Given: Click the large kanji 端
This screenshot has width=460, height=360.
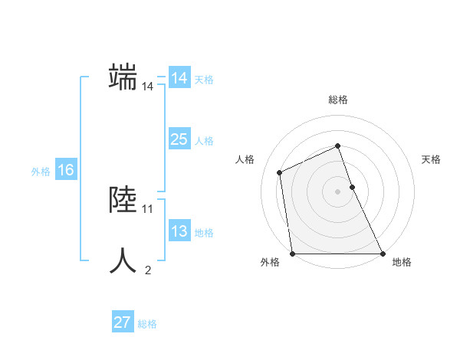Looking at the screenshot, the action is click(x=123, y=78).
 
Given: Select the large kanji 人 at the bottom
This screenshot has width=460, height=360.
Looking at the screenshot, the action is click(x=123, y=260).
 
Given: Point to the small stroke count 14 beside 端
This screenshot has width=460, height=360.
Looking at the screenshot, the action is click(x=147, y=87).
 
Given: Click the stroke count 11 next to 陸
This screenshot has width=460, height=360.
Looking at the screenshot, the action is click(x=148, y=208).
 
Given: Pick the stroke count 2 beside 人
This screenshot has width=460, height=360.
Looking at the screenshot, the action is click(x=148, y=270).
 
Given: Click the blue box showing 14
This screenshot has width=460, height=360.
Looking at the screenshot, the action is click(x=179, y=78).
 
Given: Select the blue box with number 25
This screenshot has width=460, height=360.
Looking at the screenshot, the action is click(x=179, y=139).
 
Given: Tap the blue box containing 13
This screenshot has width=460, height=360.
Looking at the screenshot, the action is click(x=179, y=231).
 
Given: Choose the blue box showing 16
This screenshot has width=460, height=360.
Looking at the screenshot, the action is click(x=66, y=170).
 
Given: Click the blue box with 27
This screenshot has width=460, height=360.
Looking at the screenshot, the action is click(x=123, y=322).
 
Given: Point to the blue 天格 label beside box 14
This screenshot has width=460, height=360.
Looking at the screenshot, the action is click(x=204, y=80).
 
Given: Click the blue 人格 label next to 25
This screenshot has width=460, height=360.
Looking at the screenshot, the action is click(x=204, y=141).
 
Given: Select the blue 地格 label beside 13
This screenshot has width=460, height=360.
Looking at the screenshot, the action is click(x=204, y=233).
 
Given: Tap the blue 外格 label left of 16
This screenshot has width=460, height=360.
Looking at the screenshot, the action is click(x=41, y=172).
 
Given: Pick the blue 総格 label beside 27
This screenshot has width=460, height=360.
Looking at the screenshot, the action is click(x=147, y=324).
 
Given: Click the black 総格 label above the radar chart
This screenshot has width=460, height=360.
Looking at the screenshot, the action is click(x=338, y=100).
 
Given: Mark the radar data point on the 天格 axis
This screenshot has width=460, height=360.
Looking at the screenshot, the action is click(x=352, y=186).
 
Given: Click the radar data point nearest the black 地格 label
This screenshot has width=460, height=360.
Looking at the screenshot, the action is click(x=382, y=254).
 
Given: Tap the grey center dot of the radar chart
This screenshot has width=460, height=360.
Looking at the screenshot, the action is click(x=338, y=191).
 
